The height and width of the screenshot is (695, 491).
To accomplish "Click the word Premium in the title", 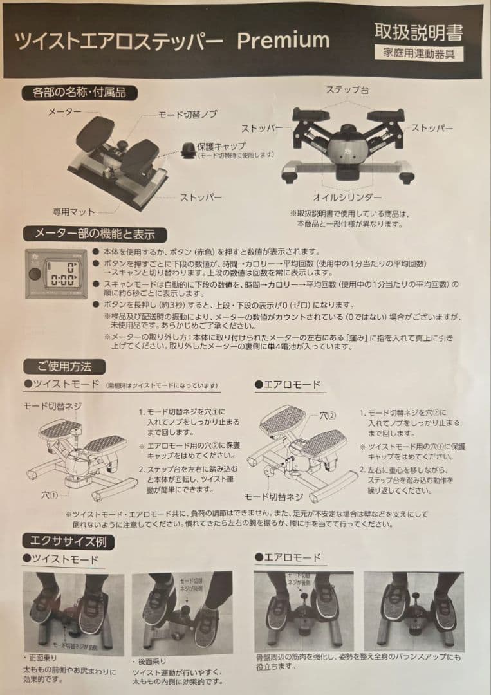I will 283,40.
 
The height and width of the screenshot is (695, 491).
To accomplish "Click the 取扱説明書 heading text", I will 418,32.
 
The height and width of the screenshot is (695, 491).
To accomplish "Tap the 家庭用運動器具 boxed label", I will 418,53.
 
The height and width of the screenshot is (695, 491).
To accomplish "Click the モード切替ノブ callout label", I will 188,115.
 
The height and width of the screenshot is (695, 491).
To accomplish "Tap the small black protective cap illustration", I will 189,149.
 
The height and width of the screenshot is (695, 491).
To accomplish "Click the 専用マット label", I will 74,211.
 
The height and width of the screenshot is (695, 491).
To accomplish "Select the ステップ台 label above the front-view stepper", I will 347,89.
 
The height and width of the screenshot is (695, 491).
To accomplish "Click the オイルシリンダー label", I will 347,197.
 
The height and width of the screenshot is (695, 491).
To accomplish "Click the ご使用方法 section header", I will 64,366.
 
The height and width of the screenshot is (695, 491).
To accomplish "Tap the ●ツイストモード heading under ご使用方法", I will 59,384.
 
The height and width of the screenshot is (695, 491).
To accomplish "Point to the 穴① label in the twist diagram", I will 50,496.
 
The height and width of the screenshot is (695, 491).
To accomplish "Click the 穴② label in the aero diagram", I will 328,417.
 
